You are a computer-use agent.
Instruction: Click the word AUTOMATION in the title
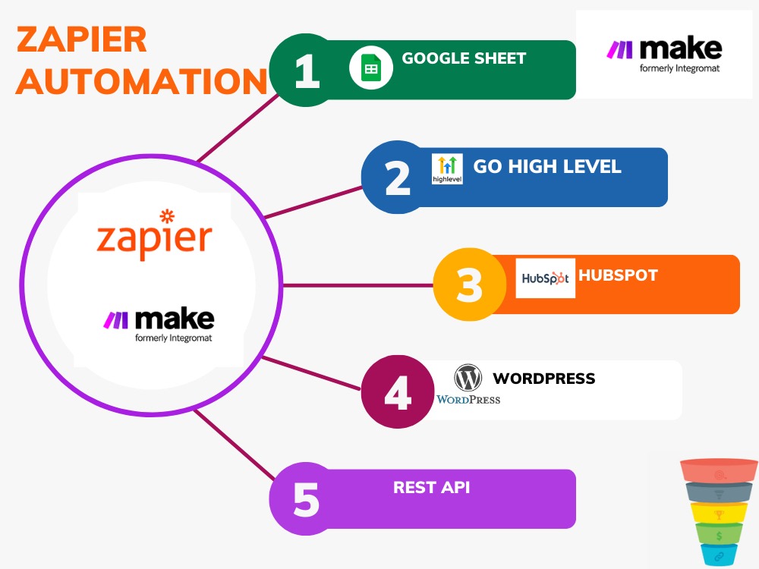141,81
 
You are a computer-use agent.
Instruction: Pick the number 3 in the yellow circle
469,286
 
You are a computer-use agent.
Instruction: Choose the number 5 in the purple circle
307,500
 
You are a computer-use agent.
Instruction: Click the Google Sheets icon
370,69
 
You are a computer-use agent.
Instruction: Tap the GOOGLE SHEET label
464,58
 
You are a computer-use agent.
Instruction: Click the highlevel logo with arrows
446,168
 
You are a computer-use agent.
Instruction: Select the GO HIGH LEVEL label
547,166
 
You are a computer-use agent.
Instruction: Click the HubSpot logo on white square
545,278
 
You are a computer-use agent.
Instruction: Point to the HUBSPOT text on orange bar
618,275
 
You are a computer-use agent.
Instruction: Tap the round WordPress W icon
468,377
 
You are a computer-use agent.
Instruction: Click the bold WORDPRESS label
544,378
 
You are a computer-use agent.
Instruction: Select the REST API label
431,487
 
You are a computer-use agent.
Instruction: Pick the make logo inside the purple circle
159,322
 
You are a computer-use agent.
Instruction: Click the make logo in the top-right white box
663,54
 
